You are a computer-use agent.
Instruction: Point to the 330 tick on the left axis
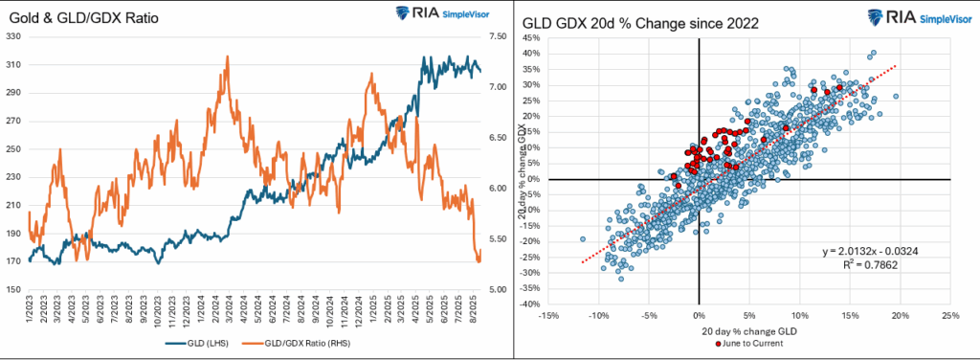(x=13, y=36)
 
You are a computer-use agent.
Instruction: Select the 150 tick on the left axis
(x=13, y=290)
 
